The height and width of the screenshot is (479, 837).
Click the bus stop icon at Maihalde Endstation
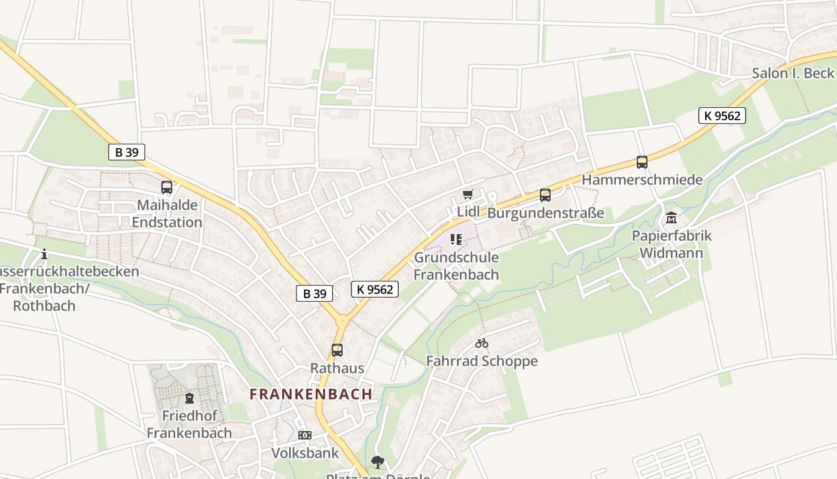click(x=167, y=187)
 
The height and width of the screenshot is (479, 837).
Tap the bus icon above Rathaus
click(x=337, y=350)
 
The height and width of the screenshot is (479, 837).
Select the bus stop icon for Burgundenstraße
click(x=545, y=195)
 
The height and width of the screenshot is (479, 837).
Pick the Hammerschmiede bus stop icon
click(x=642, y=162)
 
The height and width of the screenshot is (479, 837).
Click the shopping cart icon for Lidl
click(x=468, y=194)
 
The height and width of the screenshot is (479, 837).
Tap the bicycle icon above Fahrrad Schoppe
click(x=482, y=343)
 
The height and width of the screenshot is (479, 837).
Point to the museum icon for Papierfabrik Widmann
click(x=671, y=218)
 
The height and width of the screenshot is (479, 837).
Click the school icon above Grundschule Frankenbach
click(x=456, y=240)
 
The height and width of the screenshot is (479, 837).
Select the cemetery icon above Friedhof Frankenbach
click(x=190, y=398)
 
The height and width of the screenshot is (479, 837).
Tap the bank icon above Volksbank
click(x=305, y=435)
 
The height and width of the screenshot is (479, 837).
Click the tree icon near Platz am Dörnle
click(x=377, y=462)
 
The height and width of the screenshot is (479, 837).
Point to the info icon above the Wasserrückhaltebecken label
click(x=44, y=254)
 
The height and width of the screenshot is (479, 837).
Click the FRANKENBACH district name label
click(x=311, y=394)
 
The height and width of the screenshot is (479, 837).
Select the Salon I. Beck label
click(x=793, y=73)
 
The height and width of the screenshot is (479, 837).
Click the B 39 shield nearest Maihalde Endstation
click(x=127, y=152)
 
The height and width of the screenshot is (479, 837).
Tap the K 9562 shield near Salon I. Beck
click(x=722, y=116)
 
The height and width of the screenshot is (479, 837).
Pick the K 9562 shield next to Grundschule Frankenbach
click(x=375, y=289)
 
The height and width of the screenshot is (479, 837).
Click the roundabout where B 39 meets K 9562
click(x=342, y=321)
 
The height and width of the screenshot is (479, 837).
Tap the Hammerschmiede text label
click(x=642, y=180)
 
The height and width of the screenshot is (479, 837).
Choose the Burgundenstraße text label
click(x=546, y=213)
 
